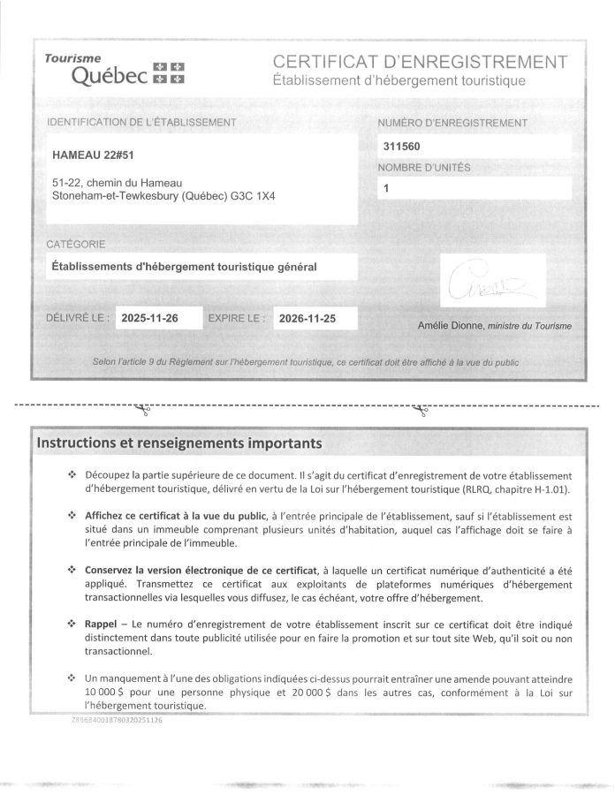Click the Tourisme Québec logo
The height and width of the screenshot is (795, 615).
pyautogui.click(x=115, y=71)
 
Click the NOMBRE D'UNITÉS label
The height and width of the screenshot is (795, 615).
pyautogui.click(x=424, y=167)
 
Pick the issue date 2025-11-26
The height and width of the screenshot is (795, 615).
pyautogui.click(x=149, y=318)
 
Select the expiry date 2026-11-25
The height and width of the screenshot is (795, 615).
pyautogui.click(x=306, y=318)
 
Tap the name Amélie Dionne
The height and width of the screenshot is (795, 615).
pyautogui.click(x=450, y=326)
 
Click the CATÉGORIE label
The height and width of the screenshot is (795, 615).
pyautogui.click(x=75, y=243)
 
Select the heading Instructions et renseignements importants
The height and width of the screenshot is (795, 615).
pyautogui.click(x=178, y=441)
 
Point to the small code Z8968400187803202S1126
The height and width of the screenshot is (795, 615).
pyautogui.click(x=116, y=720)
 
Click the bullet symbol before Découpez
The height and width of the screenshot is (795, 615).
pyautogui.click(x=72, y=474)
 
